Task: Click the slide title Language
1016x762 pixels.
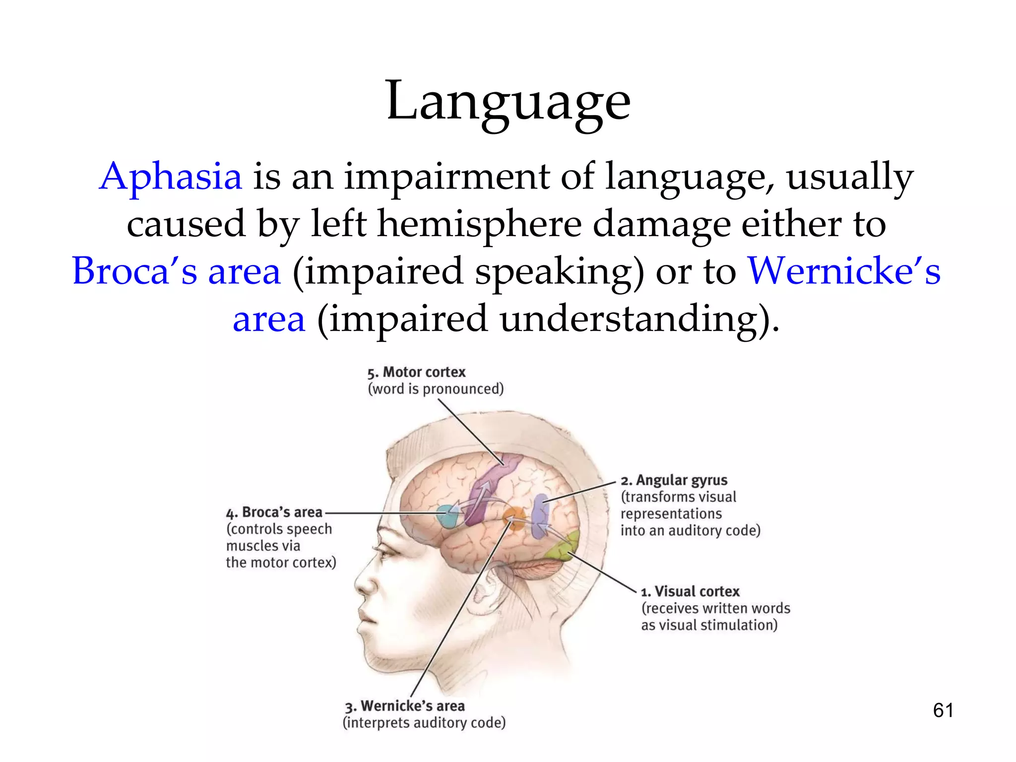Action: [x=508, y=102]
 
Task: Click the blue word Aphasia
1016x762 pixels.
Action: [x=171, y=177]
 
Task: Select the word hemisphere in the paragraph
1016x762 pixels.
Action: [x=479, y=224]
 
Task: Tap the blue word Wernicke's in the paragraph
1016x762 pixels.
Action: [x=843, y=271]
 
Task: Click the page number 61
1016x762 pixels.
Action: [x=943, y=710]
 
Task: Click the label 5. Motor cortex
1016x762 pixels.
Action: [x=417, y=372]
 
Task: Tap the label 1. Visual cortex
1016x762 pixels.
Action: [x=691, y=591]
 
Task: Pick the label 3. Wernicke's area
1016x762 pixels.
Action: [x=405, y=705]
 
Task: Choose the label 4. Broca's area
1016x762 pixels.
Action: [x=275, y=512]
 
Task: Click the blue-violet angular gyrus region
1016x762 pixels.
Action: [x=540, y=516]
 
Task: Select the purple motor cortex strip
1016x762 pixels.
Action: [x=489, y=489]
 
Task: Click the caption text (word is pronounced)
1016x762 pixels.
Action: [x=436, y=389]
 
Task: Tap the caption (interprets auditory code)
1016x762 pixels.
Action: [x=424, y=723]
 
